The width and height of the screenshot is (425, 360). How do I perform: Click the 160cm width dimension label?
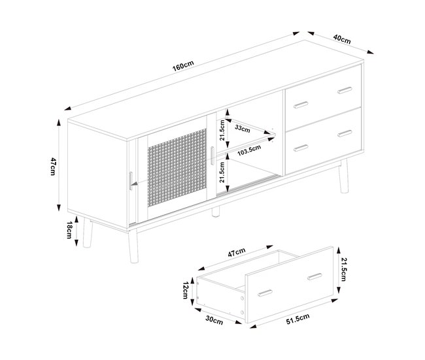(x=183, y=66)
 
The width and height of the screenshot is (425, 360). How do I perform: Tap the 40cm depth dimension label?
(x=342, y=39)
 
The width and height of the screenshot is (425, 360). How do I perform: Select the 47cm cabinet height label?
(x=53, y=167)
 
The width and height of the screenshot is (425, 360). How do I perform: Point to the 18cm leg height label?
(x=69, y=230)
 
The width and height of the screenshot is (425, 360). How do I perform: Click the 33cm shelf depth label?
(x=243, y=128)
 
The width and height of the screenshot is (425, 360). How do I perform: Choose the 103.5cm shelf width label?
(x=249, y=150)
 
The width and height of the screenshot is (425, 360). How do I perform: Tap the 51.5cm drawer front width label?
(x=297, y=319)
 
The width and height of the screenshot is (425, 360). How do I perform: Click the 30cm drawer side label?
(x=214, y=320)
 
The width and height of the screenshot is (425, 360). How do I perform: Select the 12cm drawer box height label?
(x=186, y=290)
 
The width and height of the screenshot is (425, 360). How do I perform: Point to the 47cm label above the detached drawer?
(x=237, y=252)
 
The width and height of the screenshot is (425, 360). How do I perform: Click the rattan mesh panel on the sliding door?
(x=177, y=168)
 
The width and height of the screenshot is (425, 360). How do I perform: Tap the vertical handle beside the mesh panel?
(x=212, y=155)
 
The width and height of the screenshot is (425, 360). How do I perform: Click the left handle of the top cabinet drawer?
(x=301, y=105)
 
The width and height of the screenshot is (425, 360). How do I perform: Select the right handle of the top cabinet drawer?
(x=345, y=90)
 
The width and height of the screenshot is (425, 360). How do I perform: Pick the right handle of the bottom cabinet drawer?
(x=345, y=133)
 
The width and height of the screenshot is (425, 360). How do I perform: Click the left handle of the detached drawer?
(x=265, y=293)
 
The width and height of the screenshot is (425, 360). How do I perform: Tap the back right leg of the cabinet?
(x=343, y=177)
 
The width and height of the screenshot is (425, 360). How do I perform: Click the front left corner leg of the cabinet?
(x=133, y=246)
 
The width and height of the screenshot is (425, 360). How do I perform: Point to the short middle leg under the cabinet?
(x=216, y=212)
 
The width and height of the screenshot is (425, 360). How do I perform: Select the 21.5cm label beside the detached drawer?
(x=343, y=270)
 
